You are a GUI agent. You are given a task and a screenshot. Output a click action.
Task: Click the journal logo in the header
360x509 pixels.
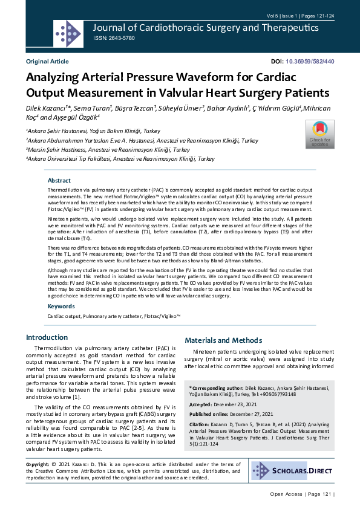(68, 34)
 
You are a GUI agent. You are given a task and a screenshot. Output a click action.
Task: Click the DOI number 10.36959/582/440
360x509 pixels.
(310, 62)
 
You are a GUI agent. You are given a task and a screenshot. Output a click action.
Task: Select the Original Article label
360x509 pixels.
(47, 62)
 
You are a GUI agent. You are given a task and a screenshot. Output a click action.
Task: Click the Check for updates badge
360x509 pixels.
(319, 134)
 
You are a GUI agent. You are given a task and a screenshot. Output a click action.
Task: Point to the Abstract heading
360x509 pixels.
(59, 181)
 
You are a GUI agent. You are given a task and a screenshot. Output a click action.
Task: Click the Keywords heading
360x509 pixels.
(61, 306)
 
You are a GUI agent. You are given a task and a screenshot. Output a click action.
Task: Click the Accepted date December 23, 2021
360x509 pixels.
(249, 404)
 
